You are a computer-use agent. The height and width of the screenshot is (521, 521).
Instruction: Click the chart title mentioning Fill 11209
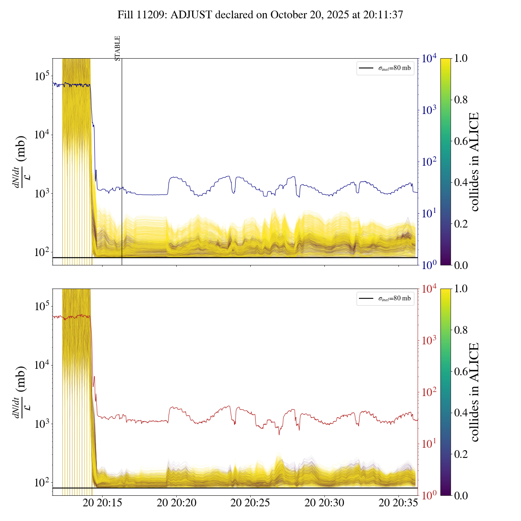point(260,15)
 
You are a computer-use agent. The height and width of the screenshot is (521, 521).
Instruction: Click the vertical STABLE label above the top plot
point(118,48)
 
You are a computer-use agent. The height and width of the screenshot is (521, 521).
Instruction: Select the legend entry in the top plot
point(385,68)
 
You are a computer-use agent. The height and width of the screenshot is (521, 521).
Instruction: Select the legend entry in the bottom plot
point(385,298)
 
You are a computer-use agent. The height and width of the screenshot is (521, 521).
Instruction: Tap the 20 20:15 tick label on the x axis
point(102,503)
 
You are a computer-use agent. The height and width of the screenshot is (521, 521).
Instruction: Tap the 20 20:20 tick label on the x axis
point(176,503)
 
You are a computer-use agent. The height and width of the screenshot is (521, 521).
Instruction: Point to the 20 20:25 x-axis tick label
point(250,503)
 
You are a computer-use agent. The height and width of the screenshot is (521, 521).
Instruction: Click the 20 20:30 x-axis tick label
point(324,503)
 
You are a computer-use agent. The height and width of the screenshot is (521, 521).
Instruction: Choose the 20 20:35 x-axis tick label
point(398,503)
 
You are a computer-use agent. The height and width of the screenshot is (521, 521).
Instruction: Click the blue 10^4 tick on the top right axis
point(429,59)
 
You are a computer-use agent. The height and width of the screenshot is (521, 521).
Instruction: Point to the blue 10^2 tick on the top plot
point(429,162)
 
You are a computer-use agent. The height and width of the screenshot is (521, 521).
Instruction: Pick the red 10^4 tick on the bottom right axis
point(429,289)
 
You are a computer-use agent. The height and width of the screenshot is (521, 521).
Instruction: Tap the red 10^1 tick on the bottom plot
point(429,444)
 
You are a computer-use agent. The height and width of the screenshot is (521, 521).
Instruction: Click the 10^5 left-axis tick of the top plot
point(42,76)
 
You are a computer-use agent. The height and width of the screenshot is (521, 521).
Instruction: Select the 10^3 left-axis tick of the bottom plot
point(42,424)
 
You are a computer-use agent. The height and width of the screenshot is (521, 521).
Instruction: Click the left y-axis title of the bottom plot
point(20,392)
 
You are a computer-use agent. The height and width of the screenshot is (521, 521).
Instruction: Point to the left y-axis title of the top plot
point(20,162)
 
